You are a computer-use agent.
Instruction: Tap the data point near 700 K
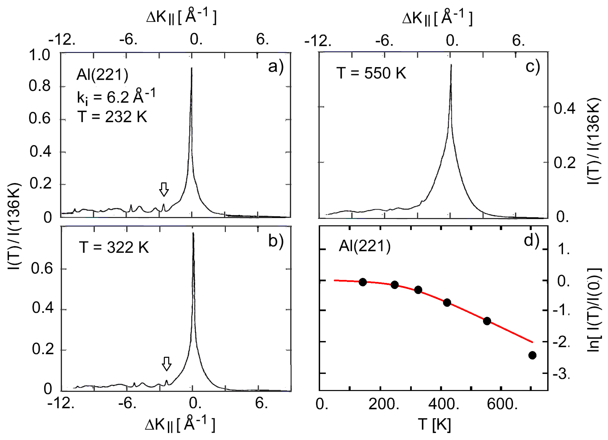tap(532, 355)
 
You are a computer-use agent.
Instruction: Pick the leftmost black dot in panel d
tap(363, 282)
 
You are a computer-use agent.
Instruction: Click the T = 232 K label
tap(112, 117)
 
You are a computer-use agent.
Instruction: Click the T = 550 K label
tap(371, 73)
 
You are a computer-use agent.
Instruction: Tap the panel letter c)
tap(532, 67)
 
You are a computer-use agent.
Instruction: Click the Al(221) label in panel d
tap(365, 246)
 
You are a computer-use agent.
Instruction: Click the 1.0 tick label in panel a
tap(39, 55)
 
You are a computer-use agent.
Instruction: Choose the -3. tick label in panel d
tap(561, 374)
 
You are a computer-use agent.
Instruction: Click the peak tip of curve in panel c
tap(451, 65)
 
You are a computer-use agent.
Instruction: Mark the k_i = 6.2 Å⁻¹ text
tap(116, 97)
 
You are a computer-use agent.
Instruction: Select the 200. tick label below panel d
tap(384, 404)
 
